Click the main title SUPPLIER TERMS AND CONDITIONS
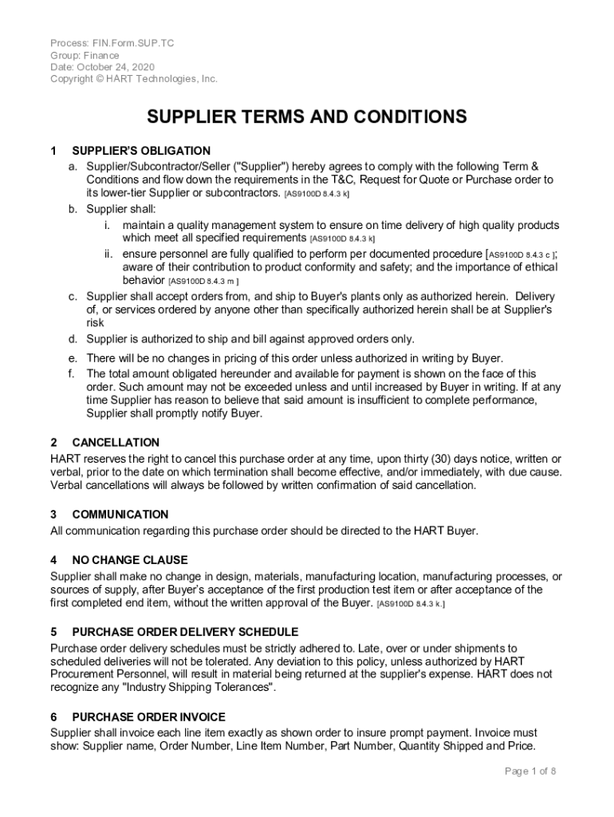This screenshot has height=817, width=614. click(x=307, y=116)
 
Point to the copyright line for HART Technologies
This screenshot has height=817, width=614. click(x=134, y=79)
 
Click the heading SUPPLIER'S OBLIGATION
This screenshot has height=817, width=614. click(x=141, y=151)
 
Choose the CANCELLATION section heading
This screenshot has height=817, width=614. click(x=116, y=442)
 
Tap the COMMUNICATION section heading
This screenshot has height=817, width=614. click(x=120, y=515)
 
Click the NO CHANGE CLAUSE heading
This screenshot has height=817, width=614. click(x=130, y=560)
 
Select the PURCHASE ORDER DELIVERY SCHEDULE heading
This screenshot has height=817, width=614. click(x=185, y=632)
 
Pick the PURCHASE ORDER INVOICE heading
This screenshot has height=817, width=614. click(x=148, y=716)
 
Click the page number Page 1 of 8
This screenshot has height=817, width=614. click(x=530, y=771)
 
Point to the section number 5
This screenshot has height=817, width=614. click(x=53, y=632)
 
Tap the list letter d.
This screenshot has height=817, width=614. click(x=72, y=339)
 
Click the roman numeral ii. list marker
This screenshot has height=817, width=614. click(x=107, y=253)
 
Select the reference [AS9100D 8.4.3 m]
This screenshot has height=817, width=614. click(x=203, y=282)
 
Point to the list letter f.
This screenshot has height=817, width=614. click(x=72, y=373)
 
